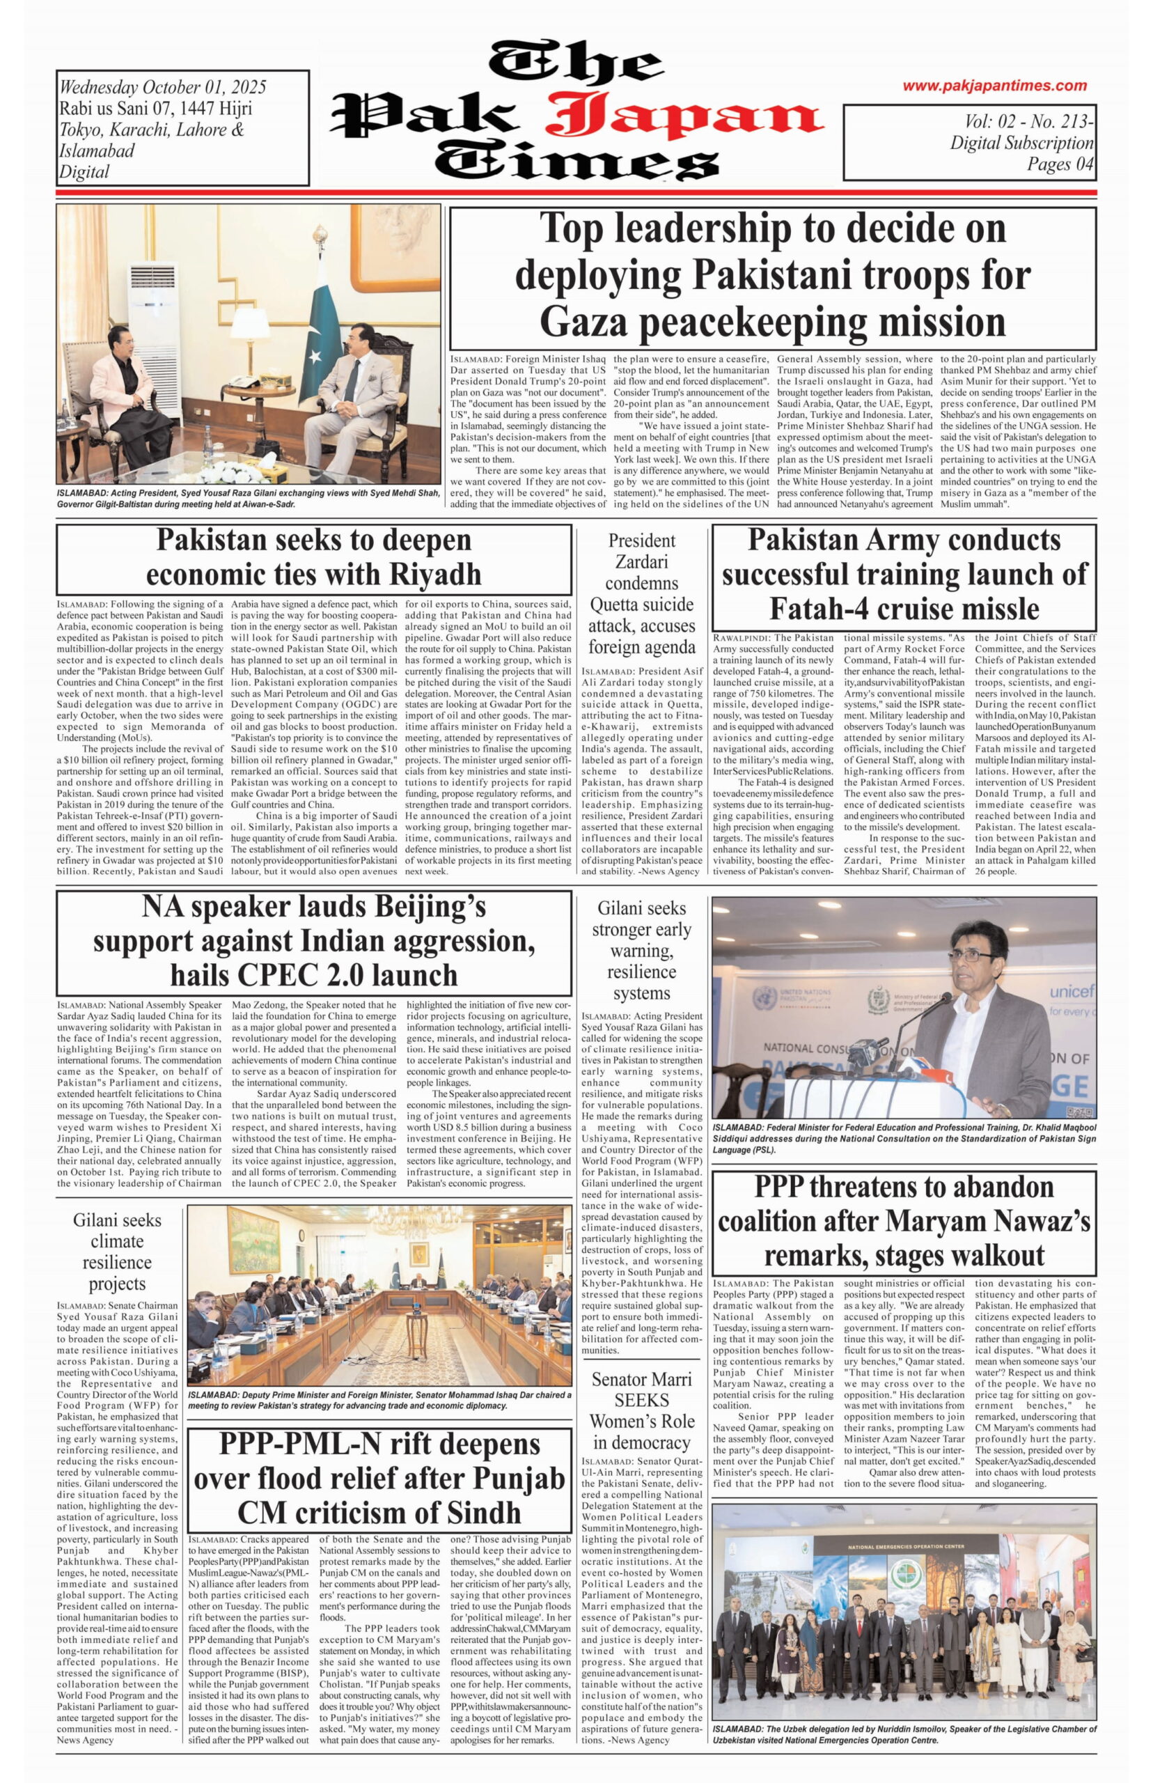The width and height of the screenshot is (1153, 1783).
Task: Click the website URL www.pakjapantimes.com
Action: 994,86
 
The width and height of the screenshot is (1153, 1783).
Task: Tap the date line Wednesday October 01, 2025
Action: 162,88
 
